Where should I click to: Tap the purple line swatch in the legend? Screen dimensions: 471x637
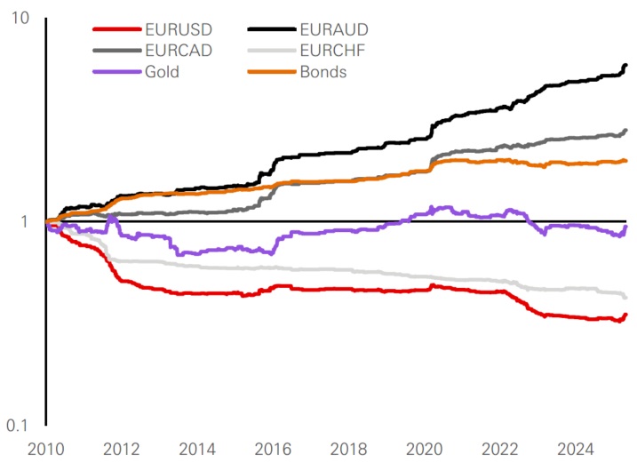(115, 72)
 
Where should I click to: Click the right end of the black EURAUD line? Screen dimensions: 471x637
(626, 65)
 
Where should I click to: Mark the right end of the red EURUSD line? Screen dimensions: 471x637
(626, 315)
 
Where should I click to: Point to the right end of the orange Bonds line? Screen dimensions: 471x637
(626, 161)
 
